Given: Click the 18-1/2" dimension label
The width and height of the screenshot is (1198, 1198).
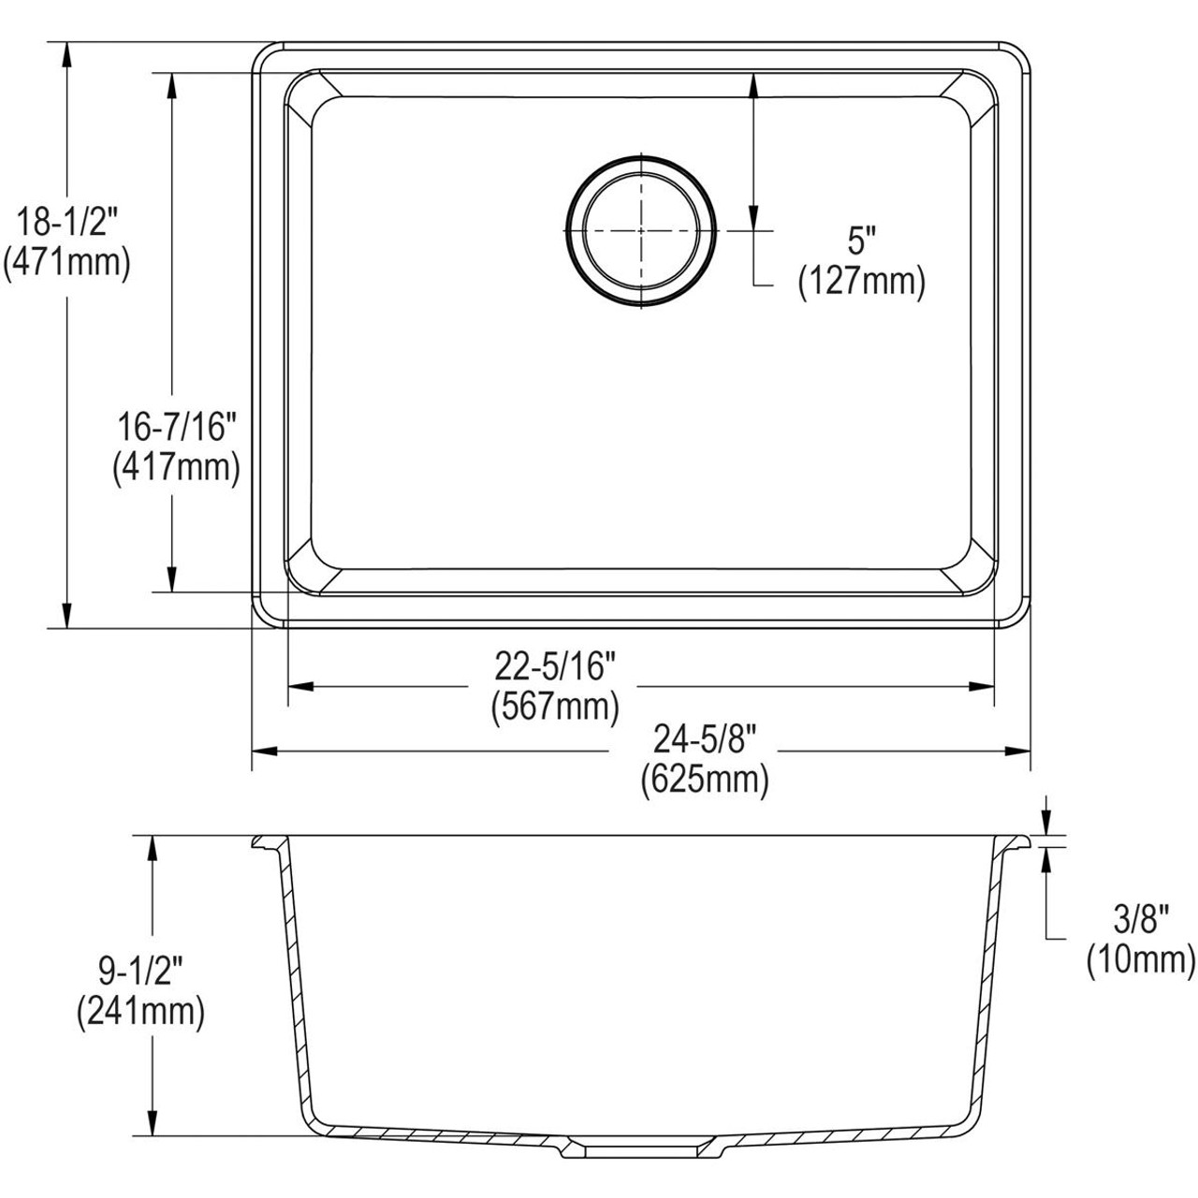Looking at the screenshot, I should [x=66, y=225].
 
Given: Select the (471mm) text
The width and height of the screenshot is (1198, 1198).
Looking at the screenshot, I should [x=66, y=264].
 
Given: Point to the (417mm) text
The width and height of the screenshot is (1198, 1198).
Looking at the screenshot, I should [x=175, y=466].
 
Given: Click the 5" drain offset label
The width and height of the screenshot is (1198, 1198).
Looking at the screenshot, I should [x=860, y=241].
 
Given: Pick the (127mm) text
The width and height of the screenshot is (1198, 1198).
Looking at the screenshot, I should [x=861, y=281].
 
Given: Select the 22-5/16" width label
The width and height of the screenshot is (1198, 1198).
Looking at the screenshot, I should [x=555, y=667].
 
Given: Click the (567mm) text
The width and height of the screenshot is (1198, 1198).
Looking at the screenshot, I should [x=555, y=707].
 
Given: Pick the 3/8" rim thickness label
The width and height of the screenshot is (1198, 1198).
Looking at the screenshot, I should [x=1141, y=921].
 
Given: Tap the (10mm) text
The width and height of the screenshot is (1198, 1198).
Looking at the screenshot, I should [x=1141, y=960].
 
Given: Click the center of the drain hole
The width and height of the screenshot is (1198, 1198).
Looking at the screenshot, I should [x=641, y=230].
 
